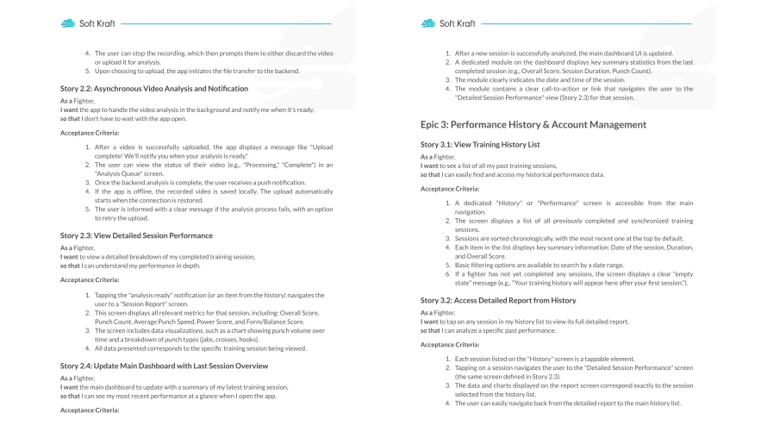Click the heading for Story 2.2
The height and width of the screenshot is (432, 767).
154,89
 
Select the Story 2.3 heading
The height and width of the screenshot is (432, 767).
136,235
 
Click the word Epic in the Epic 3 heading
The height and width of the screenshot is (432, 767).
433,125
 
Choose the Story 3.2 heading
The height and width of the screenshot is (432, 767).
505,300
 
